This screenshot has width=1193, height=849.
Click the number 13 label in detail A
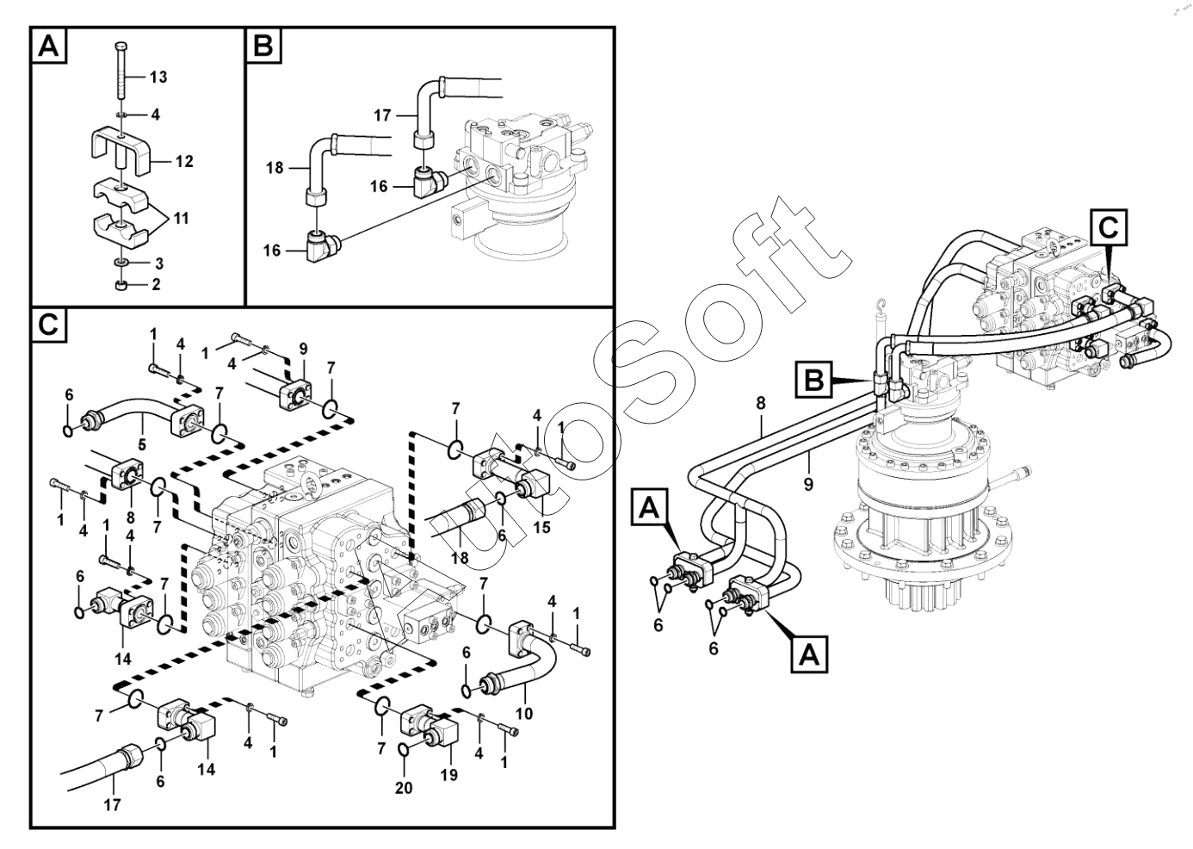(x=158, y=77)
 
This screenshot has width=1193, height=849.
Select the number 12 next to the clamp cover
(x=183, y=161)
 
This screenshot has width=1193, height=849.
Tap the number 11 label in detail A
(x=180, y=219)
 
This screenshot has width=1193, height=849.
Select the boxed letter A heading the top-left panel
(x=49, y=46)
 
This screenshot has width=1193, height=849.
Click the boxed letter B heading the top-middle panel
(x=263, y=46)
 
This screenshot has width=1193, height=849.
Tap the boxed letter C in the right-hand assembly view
(x=1108, y=227)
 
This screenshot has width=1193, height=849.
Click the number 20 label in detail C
(x=404, y=787)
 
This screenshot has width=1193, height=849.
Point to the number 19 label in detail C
(x=448, y=775)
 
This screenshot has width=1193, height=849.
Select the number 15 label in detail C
(x=541, y=527)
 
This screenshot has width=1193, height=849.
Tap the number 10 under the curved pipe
(x=524, y=713)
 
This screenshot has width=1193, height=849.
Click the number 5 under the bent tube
(x=142, y=446)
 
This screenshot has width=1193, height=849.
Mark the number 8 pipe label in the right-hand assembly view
(x=761, y=403)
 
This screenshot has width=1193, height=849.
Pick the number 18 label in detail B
(x=274, y=168)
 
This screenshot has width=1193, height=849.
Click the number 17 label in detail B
(x=383, y=115)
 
